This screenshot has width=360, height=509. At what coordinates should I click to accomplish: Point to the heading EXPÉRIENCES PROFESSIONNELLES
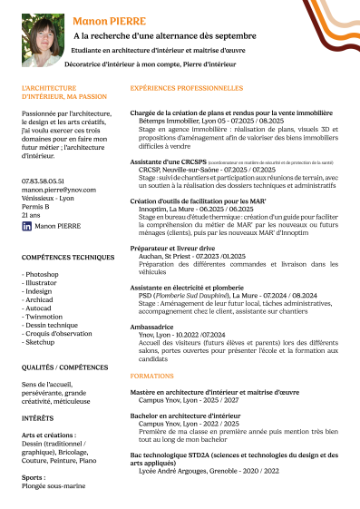(187, 89)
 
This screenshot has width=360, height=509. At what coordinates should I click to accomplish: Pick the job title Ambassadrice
(155, 326)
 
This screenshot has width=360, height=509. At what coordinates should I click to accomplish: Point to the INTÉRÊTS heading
(37, 418)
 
